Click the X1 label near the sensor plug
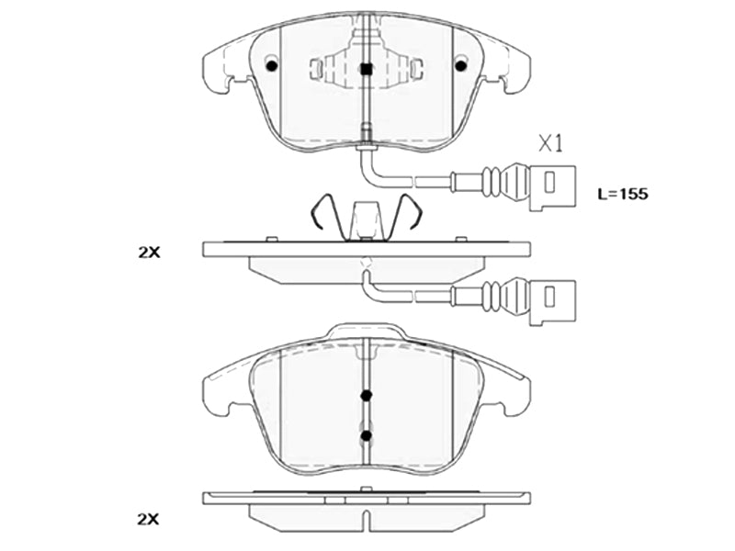[x=549, y=143]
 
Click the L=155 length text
[x=623, y=194]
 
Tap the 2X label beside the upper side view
[x=149, y=253]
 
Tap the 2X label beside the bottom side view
[x=148, y=520]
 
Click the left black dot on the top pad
[x=271, y=65]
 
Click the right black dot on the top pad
[x=461, y=65]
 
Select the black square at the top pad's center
[x=367, y=70]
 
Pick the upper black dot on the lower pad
[x=367, y=396]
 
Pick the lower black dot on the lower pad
[x=367, y=435]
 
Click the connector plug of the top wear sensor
[x=552, y=186]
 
